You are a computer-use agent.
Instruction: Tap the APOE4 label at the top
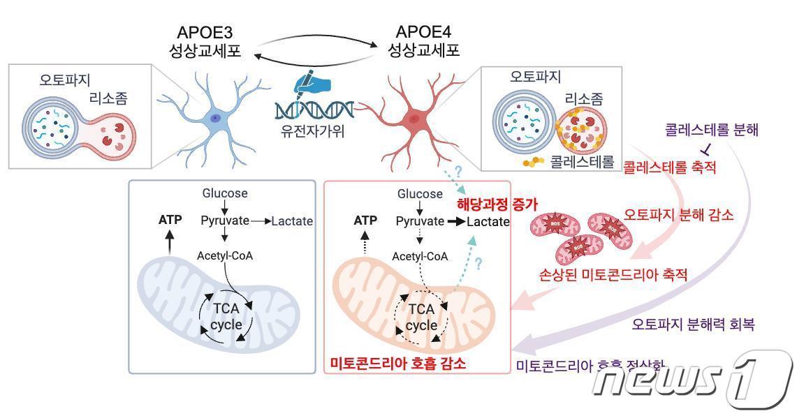tap(424, 32)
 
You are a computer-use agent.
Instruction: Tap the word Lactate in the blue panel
tap(292, 221)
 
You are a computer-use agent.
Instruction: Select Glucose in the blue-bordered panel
tap(225, 193)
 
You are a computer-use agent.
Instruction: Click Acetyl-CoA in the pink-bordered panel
tap(420, 256)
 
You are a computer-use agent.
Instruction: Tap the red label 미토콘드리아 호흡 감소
tap(397, 364)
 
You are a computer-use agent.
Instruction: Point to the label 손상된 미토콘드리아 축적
tap(614, 275)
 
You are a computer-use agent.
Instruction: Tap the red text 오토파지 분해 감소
tap(678, 215)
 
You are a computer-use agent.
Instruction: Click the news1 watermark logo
tap(692, 379)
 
